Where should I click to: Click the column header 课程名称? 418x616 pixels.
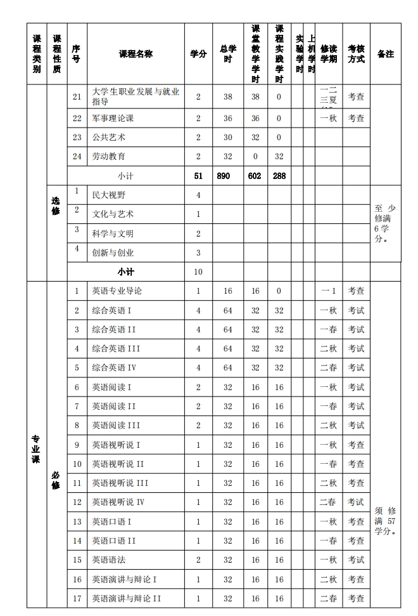[x=136, y=55]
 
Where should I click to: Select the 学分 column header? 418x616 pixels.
[x=198, y=55]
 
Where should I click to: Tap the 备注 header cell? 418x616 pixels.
[x=385, y=55]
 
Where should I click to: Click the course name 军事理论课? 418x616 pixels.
[x=113, y=118]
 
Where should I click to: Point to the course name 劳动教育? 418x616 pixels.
[x=108, y=156]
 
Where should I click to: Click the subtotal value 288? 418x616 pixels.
[x=279, y=176]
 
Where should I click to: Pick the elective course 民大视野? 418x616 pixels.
[x=108, y=195]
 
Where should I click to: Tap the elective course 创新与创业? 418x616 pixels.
[x=113, y=252]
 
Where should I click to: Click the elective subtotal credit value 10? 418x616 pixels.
[x=198, y=272]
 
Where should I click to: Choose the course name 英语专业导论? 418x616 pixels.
[x=117, y=291]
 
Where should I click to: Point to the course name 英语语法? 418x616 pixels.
[x=108, y=560]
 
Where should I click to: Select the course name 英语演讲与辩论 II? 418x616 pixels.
[x=127, y=598]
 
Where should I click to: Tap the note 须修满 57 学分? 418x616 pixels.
[x=385, y=521]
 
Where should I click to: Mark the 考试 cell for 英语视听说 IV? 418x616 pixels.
[x=356, y=502]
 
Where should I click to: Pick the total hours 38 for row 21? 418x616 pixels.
[x=228, y=97]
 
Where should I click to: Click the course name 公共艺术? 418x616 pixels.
[x=108, y=137]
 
